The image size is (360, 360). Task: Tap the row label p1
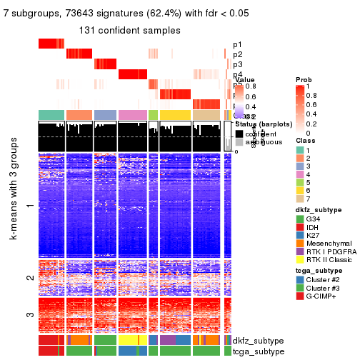pyautogui.click(x=237, y=44)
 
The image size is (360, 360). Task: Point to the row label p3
pyautogui.click(x=237, y=64)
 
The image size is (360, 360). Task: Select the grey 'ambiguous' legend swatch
pyautogui.click(x=239, y=143)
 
